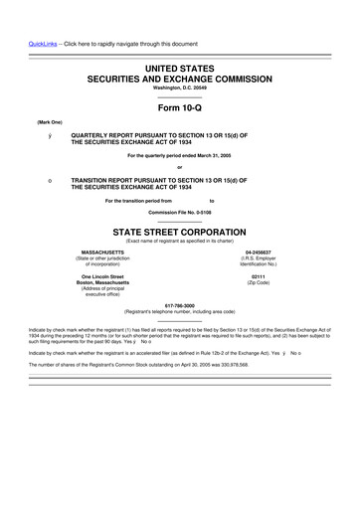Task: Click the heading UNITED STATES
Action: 179,67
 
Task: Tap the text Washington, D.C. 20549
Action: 179,87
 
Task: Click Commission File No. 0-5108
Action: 179,212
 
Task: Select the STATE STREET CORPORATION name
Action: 179,230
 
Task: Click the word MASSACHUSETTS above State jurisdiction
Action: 102,253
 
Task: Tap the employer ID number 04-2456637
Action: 259,253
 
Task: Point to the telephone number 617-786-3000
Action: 179,304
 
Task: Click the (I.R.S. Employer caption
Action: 259,259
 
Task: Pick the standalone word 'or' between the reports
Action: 179,167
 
